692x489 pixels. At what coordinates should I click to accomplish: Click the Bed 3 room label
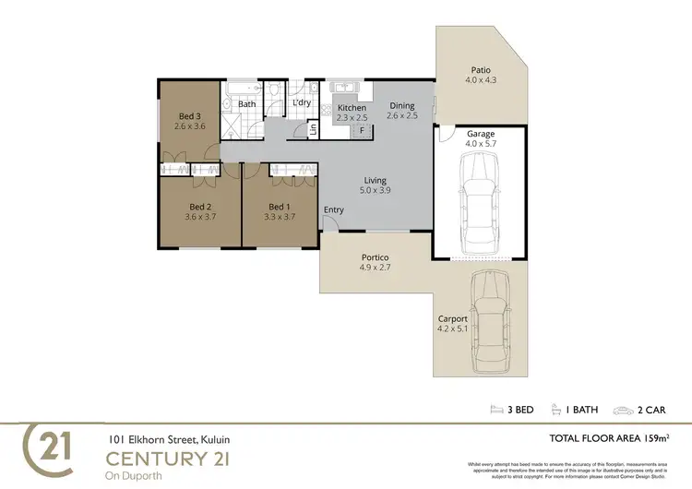188,115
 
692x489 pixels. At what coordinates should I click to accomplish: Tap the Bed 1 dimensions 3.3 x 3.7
280,217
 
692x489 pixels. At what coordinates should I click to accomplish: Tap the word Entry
334,210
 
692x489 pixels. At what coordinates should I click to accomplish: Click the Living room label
375,180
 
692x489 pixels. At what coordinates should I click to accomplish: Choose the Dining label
401,106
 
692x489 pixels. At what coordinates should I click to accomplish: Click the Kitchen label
352,108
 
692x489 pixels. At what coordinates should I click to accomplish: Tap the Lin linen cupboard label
313,127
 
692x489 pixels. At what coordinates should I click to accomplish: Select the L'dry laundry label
302,102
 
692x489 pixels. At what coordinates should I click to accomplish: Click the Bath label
247,104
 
